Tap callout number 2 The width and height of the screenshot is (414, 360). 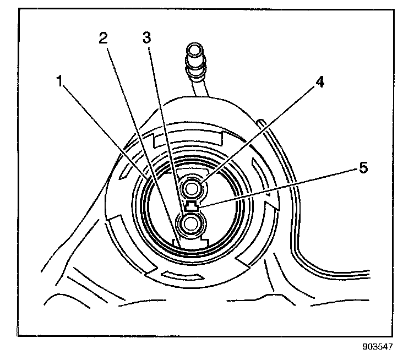(102, 38)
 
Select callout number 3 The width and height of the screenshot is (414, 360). (146, 38)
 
